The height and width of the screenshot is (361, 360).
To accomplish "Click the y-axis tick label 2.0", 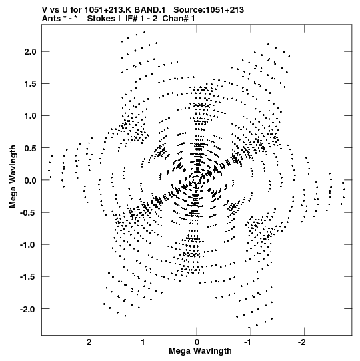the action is point(31,52).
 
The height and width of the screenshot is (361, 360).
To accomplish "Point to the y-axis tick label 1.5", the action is point(31,84).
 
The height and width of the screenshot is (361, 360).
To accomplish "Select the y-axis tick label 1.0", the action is point(31,116).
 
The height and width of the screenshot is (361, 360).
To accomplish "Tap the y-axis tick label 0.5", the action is point(31,148).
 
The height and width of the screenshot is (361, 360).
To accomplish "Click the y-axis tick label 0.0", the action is point(31,180).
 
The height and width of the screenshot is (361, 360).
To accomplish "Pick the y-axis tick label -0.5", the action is point(28,212).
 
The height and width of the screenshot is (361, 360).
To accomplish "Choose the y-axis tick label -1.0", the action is point(28,244).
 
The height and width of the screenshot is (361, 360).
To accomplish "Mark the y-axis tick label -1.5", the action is point(28,276).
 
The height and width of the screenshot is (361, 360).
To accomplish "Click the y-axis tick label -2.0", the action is point(28,309).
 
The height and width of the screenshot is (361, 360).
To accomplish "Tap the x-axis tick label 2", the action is point(89,342).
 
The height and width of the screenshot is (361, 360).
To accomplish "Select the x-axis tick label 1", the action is point(143,342).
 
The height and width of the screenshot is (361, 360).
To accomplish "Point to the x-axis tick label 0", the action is point(197,342).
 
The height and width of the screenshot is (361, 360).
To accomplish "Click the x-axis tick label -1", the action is point(249,342).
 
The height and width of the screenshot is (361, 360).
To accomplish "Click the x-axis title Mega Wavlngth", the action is point(200,351).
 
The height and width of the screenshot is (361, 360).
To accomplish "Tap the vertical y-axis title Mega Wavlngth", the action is point(13,177).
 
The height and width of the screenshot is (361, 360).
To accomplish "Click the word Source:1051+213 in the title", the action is point(209,10).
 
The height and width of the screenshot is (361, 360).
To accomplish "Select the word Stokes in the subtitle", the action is point(104,19).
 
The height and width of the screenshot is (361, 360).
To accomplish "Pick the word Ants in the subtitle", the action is point(51,19).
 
